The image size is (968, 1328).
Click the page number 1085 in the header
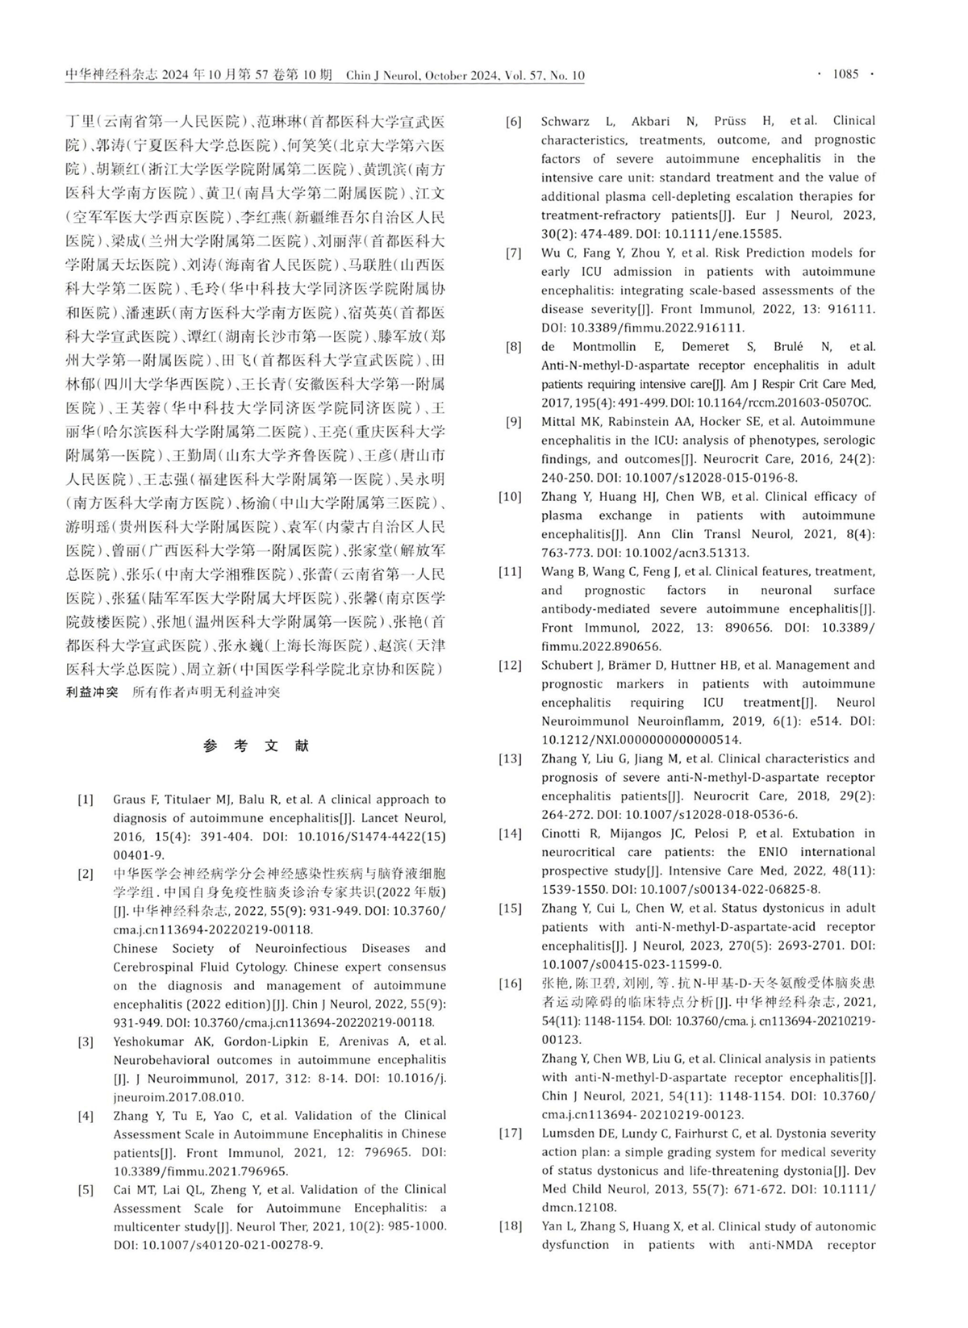(x=845, y=74)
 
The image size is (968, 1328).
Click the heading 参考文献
(x=256, y=746)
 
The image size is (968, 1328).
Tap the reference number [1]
(x=86, y=800)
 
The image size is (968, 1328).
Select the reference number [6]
(x=514, y=122)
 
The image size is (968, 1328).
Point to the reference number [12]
(x=511, y=666)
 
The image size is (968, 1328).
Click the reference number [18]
(x=511, y=1226)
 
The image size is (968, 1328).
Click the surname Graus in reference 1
(x=130, y=800)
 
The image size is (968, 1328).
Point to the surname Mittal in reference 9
(x=558, y=421)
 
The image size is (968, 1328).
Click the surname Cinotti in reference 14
(x=561, y=833)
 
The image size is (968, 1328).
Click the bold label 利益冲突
(x=92, y=692)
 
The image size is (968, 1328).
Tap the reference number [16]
(x=511, y=983)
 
